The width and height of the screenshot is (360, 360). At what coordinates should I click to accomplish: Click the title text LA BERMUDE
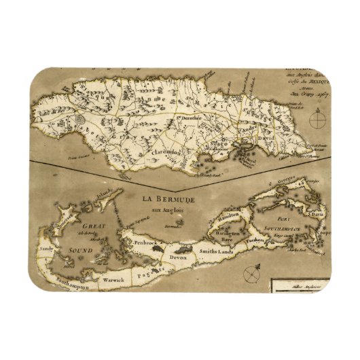coord(169,199)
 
